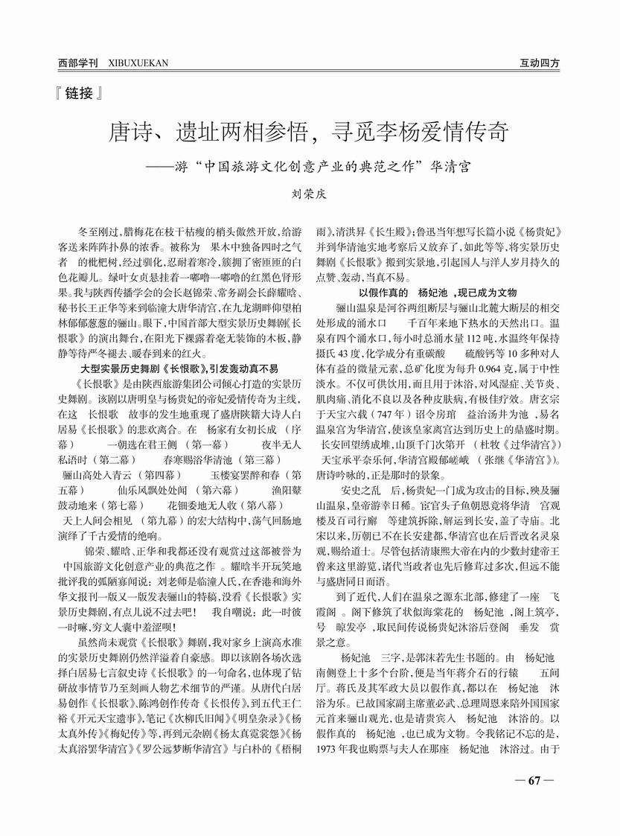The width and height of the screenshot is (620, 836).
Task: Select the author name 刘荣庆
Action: click(310, 191)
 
